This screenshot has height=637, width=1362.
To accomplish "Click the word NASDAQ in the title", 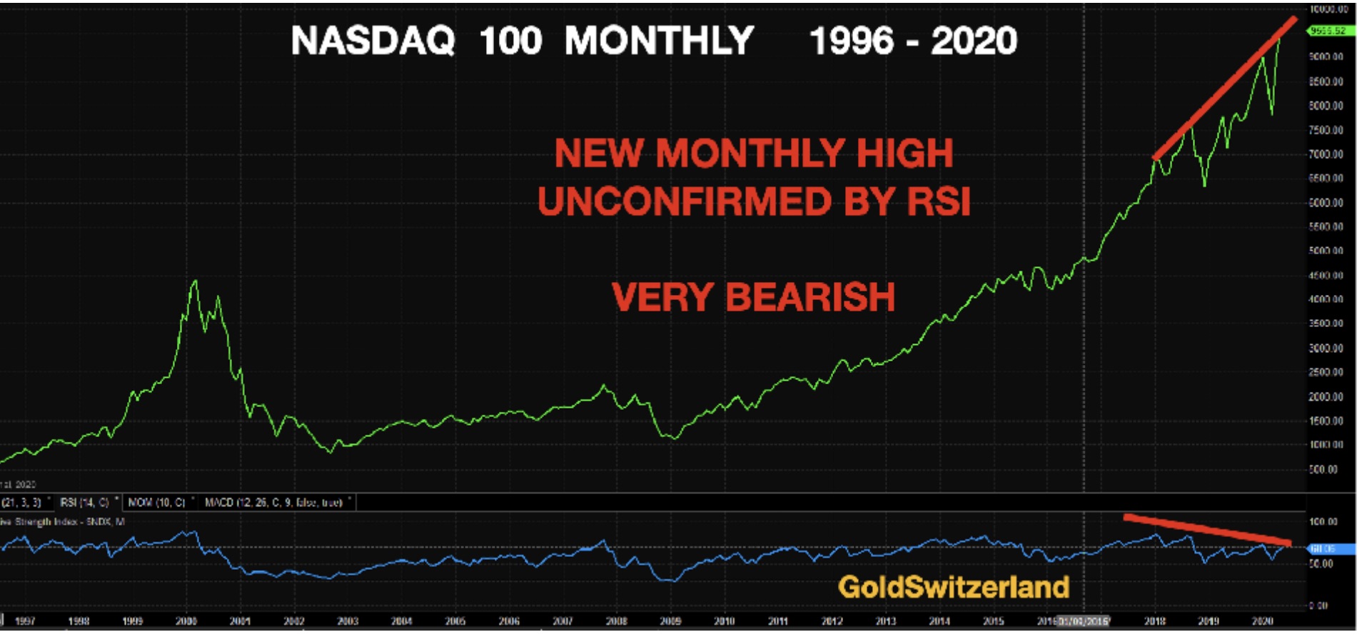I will click(373, 41).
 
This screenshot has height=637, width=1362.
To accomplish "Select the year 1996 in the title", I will click(851, 41).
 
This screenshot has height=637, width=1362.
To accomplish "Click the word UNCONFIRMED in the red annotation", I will click(685, 201).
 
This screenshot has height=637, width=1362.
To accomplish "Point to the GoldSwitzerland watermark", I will click(954, 587).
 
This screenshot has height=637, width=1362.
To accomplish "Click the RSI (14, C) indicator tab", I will click(84, 503).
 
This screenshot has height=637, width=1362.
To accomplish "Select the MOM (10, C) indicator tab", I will click(157, 503).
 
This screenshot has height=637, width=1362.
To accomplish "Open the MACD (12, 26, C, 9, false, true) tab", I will click(274, 503).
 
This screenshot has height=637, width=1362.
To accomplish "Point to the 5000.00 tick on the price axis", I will click(1326, 251).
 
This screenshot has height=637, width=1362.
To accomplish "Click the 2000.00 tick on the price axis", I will click(1326, 396).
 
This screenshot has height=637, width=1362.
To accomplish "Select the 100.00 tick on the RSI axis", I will click(1324, 521).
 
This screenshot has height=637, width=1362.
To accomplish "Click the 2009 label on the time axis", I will click(670, 621).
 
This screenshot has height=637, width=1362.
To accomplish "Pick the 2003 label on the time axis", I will click(348, 621).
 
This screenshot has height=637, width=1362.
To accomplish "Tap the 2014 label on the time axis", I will click(939, 621).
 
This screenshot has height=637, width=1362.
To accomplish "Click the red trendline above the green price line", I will click(1224, 88).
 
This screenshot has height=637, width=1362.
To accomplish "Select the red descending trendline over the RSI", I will click(1206, 529).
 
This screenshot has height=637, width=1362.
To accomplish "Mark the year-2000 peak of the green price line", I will click(195, 281).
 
